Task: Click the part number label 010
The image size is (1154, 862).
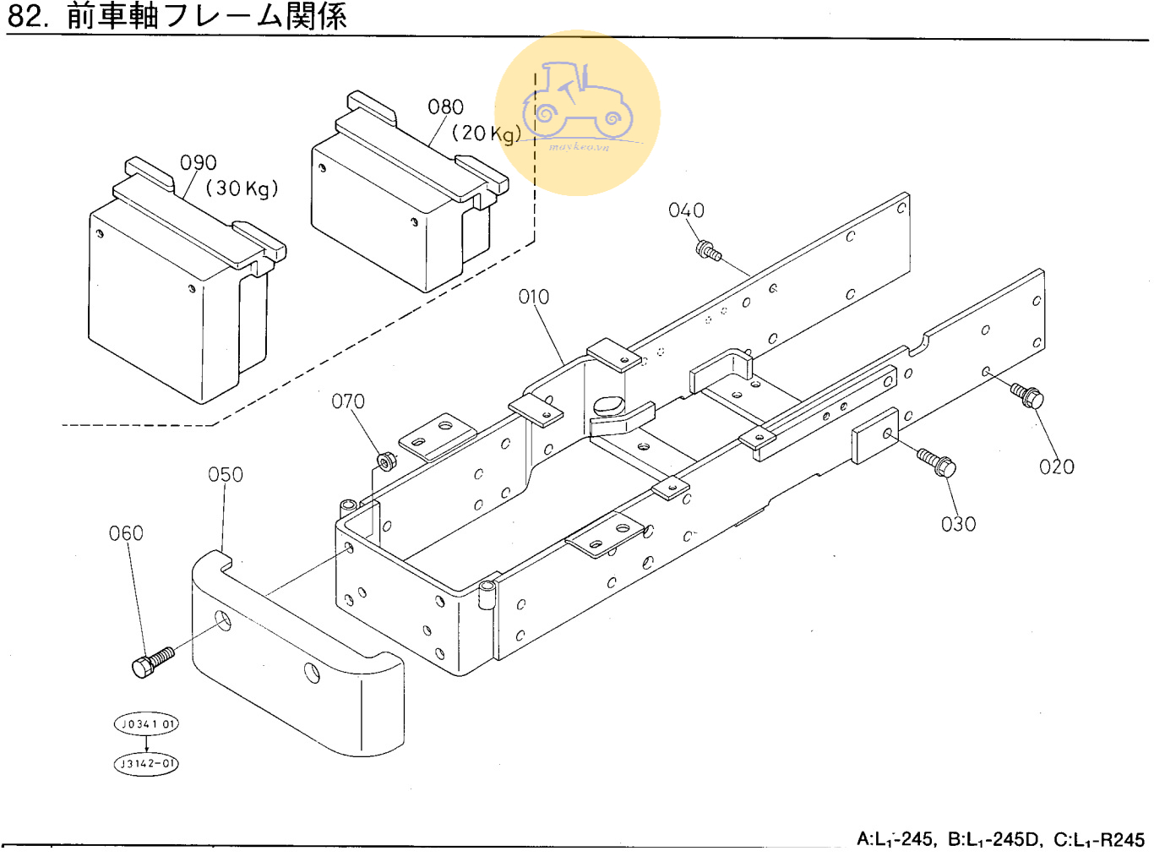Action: (533, 297)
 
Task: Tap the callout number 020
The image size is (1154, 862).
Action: (1056, 466)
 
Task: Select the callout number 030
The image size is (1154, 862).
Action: (958, 524)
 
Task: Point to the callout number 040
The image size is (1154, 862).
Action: (686, 210)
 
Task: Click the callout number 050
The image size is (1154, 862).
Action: (226, 475)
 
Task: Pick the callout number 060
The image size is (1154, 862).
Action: (126, 533)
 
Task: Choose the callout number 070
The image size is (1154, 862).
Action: (348, 401)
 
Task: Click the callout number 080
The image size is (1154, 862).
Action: (445, 107)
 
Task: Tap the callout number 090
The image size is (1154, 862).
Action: (199, 162)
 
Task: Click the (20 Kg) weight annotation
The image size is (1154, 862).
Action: (487, 134)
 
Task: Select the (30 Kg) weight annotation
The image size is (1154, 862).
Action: (242, 188)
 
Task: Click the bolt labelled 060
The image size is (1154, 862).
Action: (153, 661)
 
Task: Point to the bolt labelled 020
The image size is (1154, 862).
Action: (1027, 395)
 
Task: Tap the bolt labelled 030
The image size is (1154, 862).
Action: (937, 462)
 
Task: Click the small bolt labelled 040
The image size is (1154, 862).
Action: (708, 250)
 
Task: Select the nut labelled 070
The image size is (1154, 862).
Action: (386, 461)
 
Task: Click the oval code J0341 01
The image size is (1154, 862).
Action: (147, 724)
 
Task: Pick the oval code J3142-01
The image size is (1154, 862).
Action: (147, 764)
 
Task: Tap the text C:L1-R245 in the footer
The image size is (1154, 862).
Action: (1098, 839)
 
